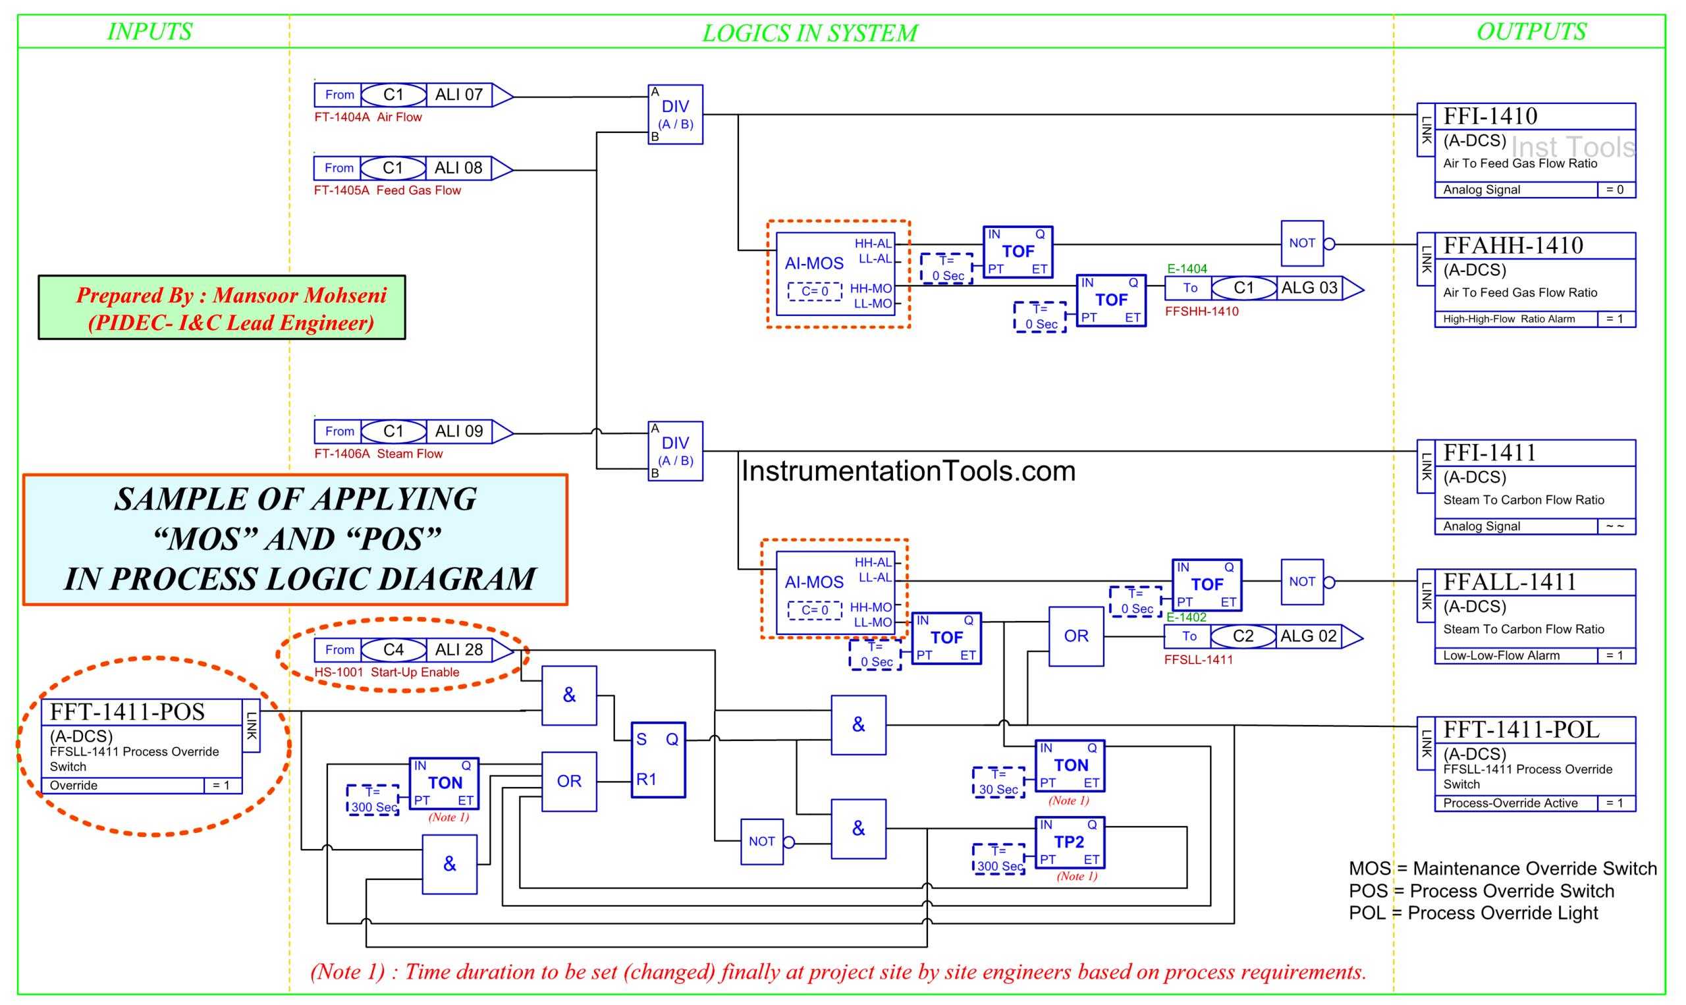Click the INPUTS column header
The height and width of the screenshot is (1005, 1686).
(150, 31)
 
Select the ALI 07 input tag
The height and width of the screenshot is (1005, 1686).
(458, 95)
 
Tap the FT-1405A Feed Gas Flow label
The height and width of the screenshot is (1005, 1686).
(387, 190)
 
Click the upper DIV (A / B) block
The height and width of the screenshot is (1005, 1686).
(674, 115)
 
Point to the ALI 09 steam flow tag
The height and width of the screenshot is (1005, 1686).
(458, 431)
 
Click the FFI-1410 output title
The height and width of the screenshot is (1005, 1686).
(1490, 117)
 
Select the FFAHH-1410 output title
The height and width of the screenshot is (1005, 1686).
(1513, 245)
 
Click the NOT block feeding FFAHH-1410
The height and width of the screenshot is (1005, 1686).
(1301, 243)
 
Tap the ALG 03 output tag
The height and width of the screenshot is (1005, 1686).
(1308, 288)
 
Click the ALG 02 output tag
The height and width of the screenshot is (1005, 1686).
(1307, 636)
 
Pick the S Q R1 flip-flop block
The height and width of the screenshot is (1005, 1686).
(657, 759)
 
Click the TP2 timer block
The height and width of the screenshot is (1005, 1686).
(1069, 842)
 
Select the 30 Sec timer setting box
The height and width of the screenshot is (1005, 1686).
(998, 783)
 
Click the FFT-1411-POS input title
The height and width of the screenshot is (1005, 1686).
(127, 712)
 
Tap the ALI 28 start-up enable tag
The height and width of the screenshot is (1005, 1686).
(458, 649)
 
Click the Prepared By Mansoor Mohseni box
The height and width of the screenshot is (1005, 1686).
(221, 308)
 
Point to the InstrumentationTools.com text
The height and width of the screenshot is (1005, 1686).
(908, 471)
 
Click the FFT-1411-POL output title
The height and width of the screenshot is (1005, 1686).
(1521, 729)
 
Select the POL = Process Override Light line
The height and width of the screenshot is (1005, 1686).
(1473, 913)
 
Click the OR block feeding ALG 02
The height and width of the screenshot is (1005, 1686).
(1075, 636)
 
